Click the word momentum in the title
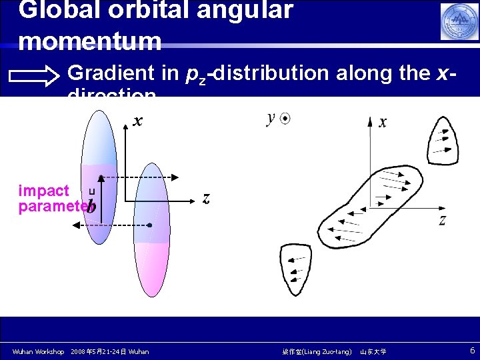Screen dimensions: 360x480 (x=91, y=41)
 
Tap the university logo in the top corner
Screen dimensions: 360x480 (x=459, y=21)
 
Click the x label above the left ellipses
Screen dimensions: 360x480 (x=138, y=121)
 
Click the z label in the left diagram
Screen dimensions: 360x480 (x=207, y=198)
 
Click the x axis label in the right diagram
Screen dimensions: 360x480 (x=383, y=122)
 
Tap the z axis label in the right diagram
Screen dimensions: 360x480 (x=442, y=220)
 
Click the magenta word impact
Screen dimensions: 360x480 (x=43, y=191)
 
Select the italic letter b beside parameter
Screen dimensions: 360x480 (x=91, y=207)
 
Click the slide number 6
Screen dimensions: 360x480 (x=472, y=351)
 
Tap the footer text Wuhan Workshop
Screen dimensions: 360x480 (x=39, y=351)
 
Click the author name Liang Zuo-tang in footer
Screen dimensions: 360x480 (x=316, y=351)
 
